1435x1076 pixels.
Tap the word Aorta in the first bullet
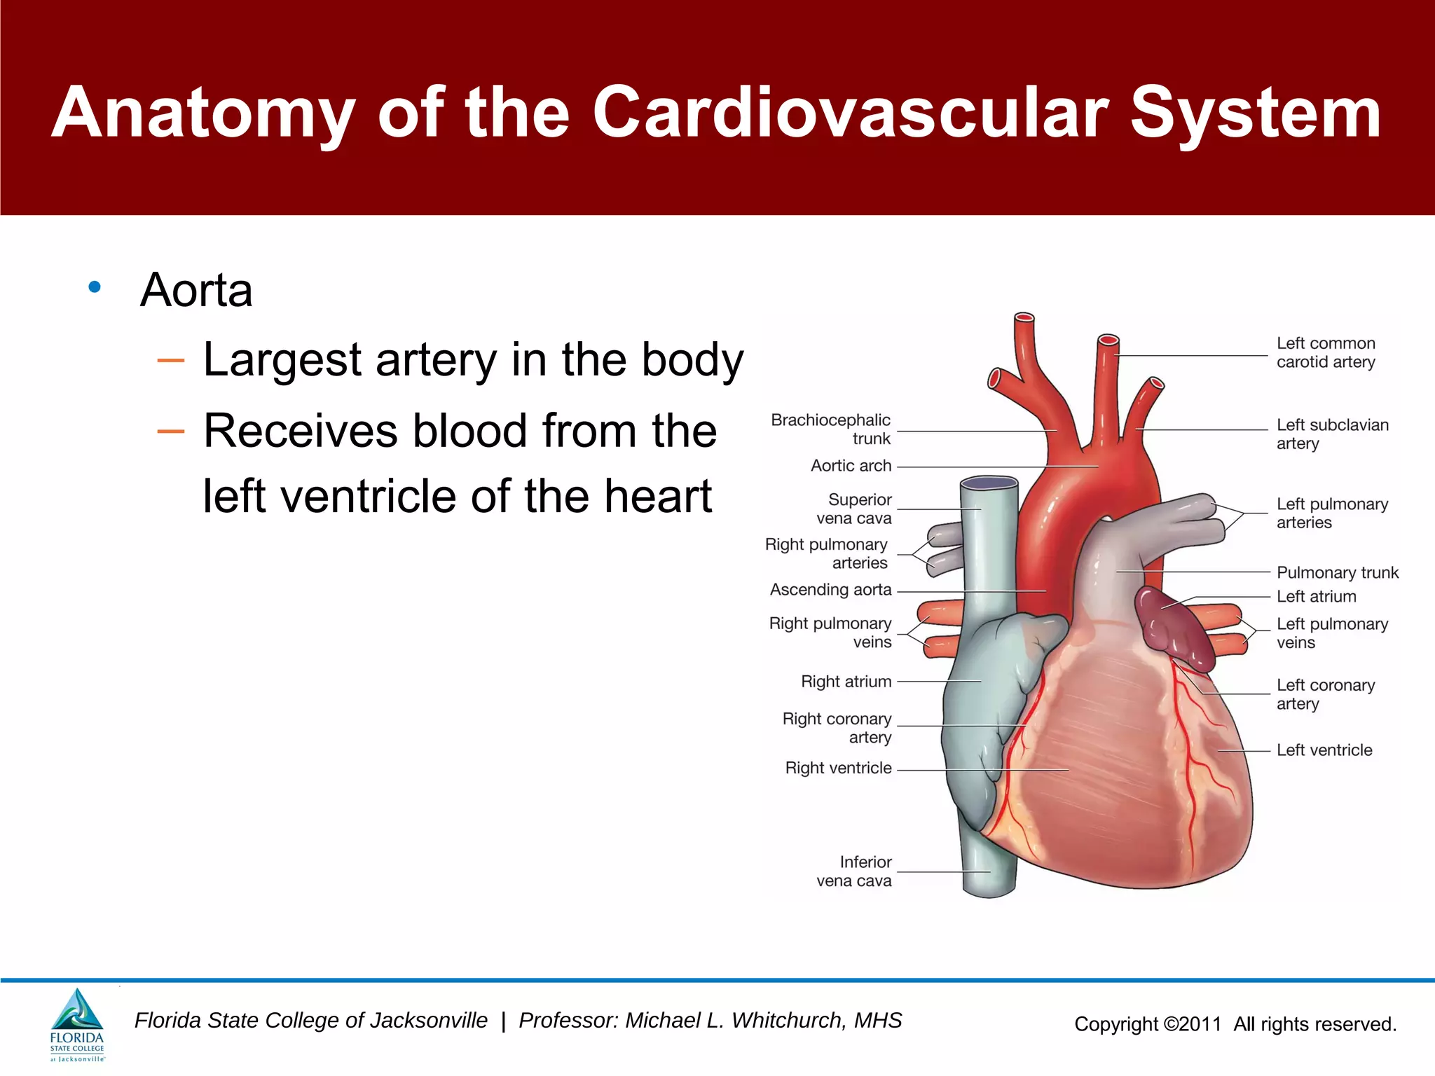coord(196,290)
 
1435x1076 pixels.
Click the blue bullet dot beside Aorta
coord(95,287)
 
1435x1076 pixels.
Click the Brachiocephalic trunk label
coord(831,429)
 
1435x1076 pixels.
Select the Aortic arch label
coord(851,466)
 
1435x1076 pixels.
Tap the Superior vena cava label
coord(855,509)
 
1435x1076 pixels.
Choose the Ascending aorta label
coord(830,590)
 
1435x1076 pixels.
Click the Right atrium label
coord(846,682)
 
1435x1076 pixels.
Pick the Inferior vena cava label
coord(855,871)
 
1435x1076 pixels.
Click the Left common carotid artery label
coord(1325,352)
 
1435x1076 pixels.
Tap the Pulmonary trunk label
coord(1337,573)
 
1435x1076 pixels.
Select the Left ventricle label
coord(1324,750)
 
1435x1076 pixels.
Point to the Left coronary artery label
coord(1325,694)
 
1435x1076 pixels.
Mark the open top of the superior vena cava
coord(989,483)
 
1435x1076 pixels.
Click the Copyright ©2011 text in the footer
coord(1148,1024)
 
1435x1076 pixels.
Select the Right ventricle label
coord(838,768)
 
